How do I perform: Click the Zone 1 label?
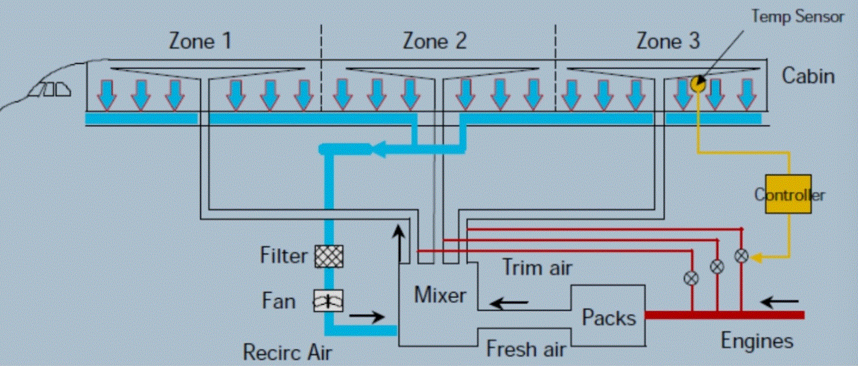click(x=200, y=41)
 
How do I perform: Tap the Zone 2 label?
click(x=434, y=41)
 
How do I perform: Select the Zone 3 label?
click(x=668, y=41)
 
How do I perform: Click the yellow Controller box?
click(x=788, y=194)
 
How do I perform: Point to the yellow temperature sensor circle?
click(x=698, y=84)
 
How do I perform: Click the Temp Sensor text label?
click(x=797, y=16)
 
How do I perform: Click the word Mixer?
click(x=440, y=295)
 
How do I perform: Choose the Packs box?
click(x=608, y=316)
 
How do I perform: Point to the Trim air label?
click(x=536, y=267)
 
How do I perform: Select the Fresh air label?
click(x=526, y=349)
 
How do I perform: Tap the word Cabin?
click(x=808, y=76)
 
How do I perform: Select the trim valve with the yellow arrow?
click(x=742, y=256)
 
